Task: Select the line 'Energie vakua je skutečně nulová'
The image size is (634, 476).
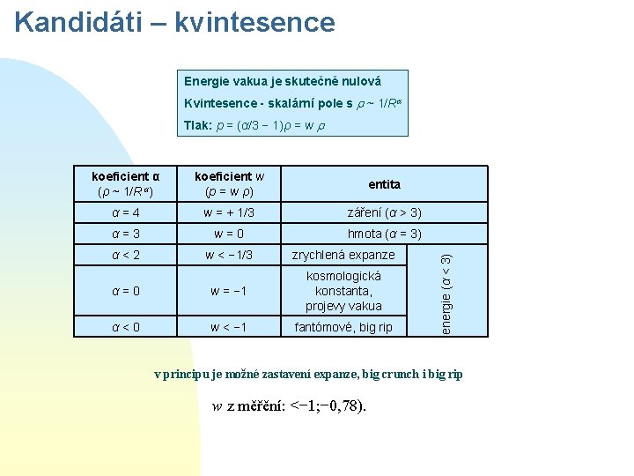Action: pos(282,81)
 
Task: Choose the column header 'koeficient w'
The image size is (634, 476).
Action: pos(229,183)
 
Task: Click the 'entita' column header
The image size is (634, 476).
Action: pos(385,184)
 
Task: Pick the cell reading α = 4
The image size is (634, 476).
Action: pos(126,212)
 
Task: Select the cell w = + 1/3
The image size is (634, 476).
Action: pos(229,212)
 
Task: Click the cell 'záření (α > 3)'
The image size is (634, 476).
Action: pos(385,212)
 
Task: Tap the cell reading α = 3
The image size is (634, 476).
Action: pos(126,234)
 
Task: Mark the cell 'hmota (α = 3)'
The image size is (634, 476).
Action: pos(385,234)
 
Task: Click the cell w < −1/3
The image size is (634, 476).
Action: pos(229,256)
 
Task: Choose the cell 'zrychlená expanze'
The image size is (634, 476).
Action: pos(343,255)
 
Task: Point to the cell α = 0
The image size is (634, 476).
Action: pos(126,291)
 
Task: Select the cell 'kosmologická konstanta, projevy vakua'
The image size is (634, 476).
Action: pos(343,291)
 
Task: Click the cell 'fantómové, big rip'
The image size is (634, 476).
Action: pos(343,327)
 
